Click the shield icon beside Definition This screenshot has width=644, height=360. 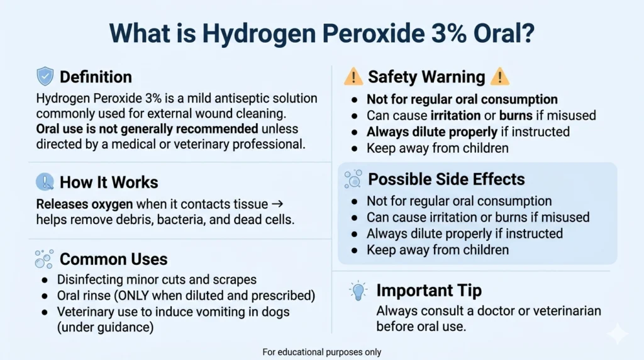click(x=45, y=77)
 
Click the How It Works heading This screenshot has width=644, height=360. click(x=109, y=183)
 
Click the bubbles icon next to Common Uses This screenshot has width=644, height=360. click(x=44, y=259)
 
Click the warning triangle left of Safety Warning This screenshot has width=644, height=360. click(x=353, y=77)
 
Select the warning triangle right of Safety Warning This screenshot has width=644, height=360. click(x=499, y=77)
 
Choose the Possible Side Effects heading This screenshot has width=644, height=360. click(x=447, y=179)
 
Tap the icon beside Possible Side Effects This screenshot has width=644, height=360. click(x=353, y=179)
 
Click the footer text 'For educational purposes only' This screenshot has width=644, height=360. click(x=321, y=352)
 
